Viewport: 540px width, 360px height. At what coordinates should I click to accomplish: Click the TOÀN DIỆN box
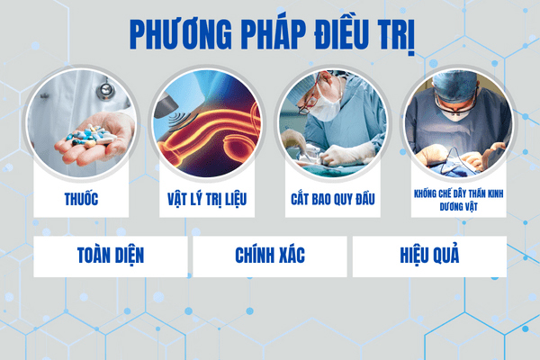111,255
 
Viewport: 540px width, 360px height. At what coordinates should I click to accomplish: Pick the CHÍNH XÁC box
269,255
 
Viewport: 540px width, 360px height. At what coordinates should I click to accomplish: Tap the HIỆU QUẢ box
428,255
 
